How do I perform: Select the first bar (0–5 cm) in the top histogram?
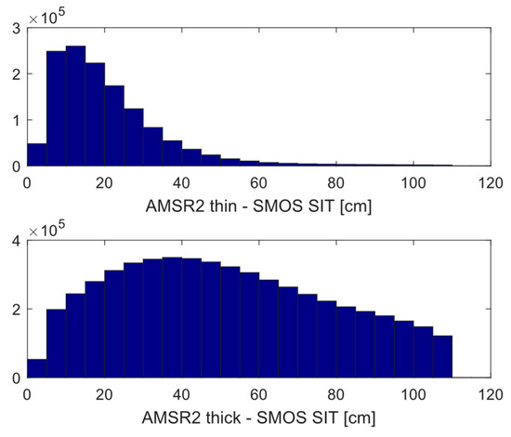[36, 155]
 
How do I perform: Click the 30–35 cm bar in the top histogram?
[154, 148]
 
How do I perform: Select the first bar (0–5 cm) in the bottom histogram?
[36, 368]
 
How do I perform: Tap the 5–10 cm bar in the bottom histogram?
[56, 344]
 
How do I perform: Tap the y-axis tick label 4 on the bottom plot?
[16, 241]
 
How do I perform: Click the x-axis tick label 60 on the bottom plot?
[259, 393]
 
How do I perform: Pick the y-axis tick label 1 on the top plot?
[16, 120]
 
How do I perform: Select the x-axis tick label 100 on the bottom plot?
[413, 393]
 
